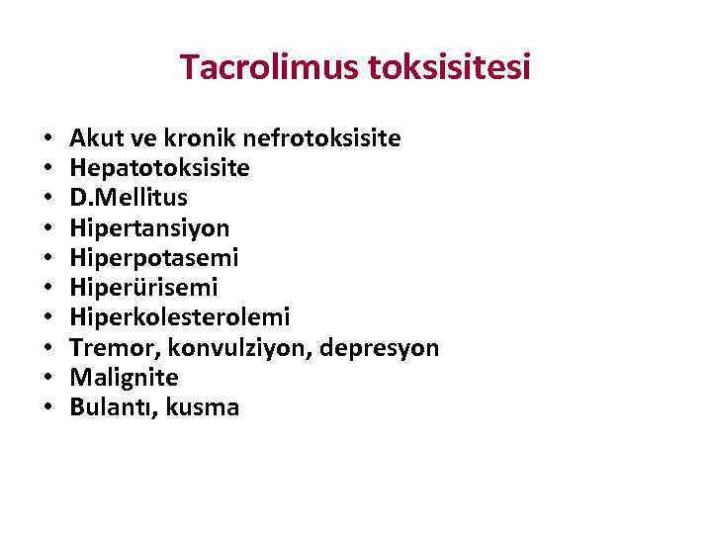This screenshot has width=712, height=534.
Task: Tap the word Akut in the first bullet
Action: point(94,138)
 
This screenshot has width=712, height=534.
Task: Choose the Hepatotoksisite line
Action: point(159,169)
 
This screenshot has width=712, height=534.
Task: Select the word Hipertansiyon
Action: point(149,228)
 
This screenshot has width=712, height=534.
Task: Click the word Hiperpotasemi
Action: point(154,258)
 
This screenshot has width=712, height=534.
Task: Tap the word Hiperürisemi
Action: point(143,288)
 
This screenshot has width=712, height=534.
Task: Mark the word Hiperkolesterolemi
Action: point(180,317)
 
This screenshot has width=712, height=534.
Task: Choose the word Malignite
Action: point(125,377)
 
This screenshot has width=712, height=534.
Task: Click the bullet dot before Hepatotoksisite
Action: point(47,169)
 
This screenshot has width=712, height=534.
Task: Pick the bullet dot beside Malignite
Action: point(47,378)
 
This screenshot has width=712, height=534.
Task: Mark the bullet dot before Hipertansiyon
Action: point(47,228)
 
